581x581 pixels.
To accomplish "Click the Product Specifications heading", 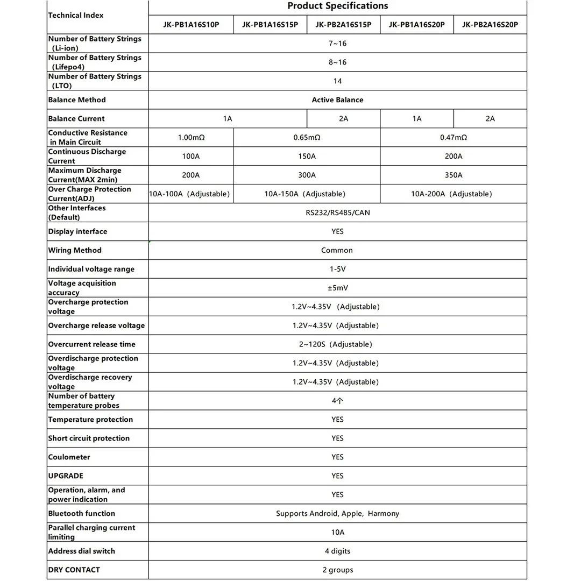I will (337, 6).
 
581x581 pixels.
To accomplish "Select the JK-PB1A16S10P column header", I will (191, 24).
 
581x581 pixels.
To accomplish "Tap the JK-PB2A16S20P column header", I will (490, 24).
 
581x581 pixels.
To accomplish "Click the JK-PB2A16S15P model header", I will (343, 24).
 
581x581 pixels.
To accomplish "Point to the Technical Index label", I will (76, 15).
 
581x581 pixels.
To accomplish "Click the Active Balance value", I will (337, 100).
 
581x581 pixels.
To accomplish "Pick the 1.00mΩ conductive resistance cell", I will (191, 137).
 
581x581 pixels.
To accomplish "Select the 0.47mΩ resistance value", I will (454, 137).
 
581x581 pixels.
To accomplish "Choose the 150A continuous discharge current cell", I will (307, 156).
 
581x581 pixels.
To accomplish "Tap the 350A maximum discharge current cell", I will (454, 175).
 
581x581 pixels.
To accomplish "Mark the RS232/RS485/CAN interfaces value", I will (337, 212).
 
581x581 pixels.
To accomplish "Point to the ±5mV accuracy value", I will (337, 288).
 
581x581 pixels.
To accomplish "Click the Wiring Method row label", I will (75, 250).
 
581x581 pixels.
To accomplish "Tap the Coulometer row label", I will (69, 457).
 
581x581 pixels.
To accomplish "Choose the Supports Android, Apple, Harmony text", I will (337, 513).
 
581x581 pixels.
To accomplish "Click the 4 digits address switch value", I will (337, 551).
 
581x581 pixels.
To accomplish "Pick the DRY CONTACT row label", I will (74, 570).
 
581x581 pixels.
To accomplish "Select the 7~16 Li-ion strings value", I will (337, 43).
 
